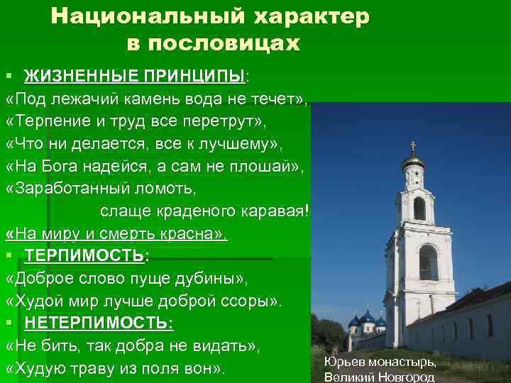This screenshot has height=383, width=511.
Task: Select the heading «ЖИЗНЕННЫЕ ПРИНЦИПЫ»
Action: click(x=134, y=76)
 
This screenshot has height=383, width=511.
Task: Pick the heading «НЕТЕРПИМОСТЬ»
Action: click(x=98, y=323)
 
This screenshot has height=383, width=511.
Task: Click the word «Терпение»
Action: click(x=49, y=121)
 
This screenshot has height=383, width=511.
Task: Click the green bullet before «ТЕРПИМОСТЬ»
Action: click(x=9, y=254)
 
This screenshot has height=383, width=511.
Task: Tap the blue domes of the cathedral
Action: click(x=367, y=318)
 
